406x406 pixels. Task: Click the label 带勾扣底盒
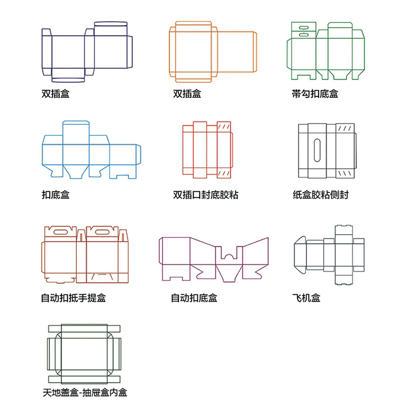(x=315, y=94)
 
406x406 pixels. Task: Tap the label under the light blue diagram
(x=55, y=195)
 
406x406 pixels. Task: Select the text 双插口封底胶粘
(x=205, y=195)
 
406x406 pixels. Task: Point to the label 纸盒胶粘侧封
(x=320, y=195)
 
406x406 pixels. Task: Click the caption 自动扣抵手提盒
(x=73, y=298)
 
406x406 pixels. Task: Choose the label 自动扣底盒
(x=194, y=298)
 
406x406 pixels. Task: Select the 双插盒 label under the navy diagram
(x=55, y=94)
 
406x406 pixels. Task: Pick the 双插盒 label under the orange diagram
(x=187, y=94)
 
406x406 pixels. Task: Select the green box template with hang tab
(x=326, y=51)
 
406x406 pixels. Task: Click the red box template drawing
(x=207, y=150)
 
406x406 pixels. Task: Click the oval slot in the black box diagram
(x=317, y=150)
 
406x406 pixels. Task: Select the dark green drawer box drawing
(x=84, y=354)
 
